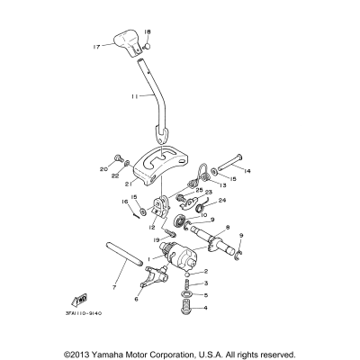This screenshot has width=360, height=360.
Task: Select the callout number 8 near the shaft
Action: click(x=226, y=229)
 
